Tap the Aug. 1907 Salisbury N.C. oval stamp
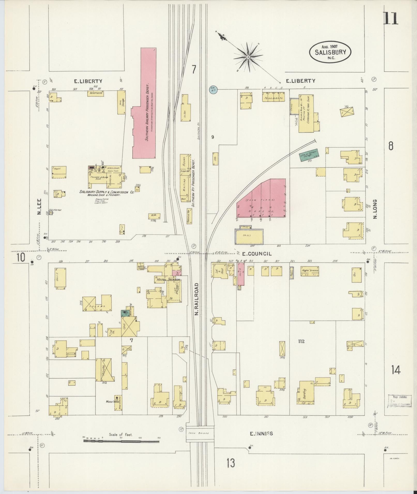tap(330, 52)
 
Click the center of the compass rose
tap(248, 57)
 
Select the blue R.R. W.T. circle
tap(214, 90)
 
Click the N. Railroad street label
tap(197, 299)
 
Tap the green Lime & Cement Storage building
tap(309, 155)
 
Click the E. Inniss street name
tap(261, 434)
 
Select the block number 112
tap(301, 341)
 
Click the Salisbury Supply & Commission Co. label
tap(106, 192)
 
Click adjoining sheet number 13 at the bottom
tap(231, 463)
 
